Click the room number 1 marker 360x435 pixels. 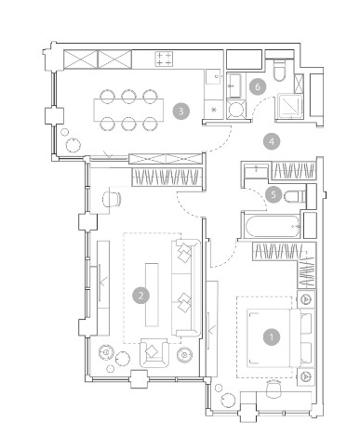coord(272,337)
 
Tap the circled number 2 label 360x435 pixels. coord(141,296)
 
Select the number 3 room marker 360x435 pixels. coord(181,111)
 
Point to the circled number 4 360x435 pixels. coord(272,141)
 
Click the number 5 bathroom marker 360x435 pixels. coord(273,194)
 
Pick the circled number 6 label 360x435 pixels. coord(258,87)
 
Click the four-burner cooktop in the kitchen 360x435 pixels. coord(164,59)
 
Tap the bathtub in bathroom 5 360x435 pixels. coord(273,226)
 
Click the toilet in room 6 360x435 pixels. coord(279,70)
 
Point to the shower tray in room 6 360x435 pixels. coord(289,106)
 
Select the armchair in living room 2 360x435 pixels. coord(154,352)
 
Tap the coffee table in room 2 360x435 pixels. coord(152,295)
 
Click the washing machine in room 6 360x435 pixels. coord(236,109)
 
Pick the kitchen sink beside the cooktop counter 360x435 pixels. coord(213,76)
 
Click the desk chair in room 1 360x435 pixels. coord(273,389)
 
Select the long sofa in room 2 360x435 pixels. coord(185,288)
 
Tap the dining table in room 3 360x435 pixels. coord(128,110)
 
